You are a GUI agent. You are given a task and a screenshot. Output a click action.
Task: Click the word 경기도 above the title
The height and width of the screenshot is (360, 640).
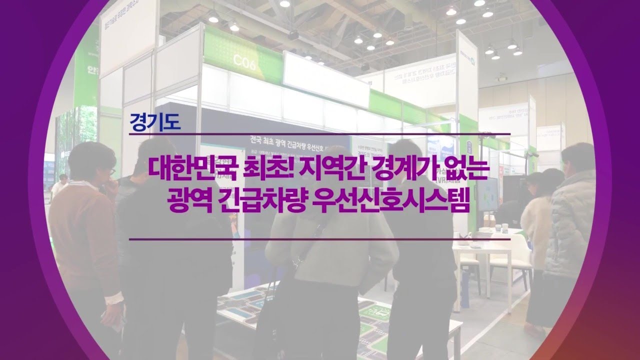pyautogui.click(x=154, y=122)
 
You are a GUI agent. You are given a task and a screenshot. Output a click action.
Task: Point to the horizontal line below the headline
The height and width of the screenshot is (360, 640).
pyautogui.click(x=319, y=239)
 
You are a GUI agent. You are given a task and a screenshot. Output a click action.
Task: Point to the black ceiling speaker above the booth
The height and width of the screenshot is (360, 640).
pyautogui.click(x=293, y=34)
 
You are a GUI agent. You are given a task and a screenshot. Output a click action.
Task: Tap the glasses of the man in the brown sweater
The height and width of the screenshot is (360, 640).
pyautogui.click(x=111, y=171)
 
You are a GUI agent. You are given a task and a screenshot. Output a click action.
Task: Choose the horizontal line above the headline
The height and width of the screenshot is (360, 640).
pyautogui.click(x=319, y=133)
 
